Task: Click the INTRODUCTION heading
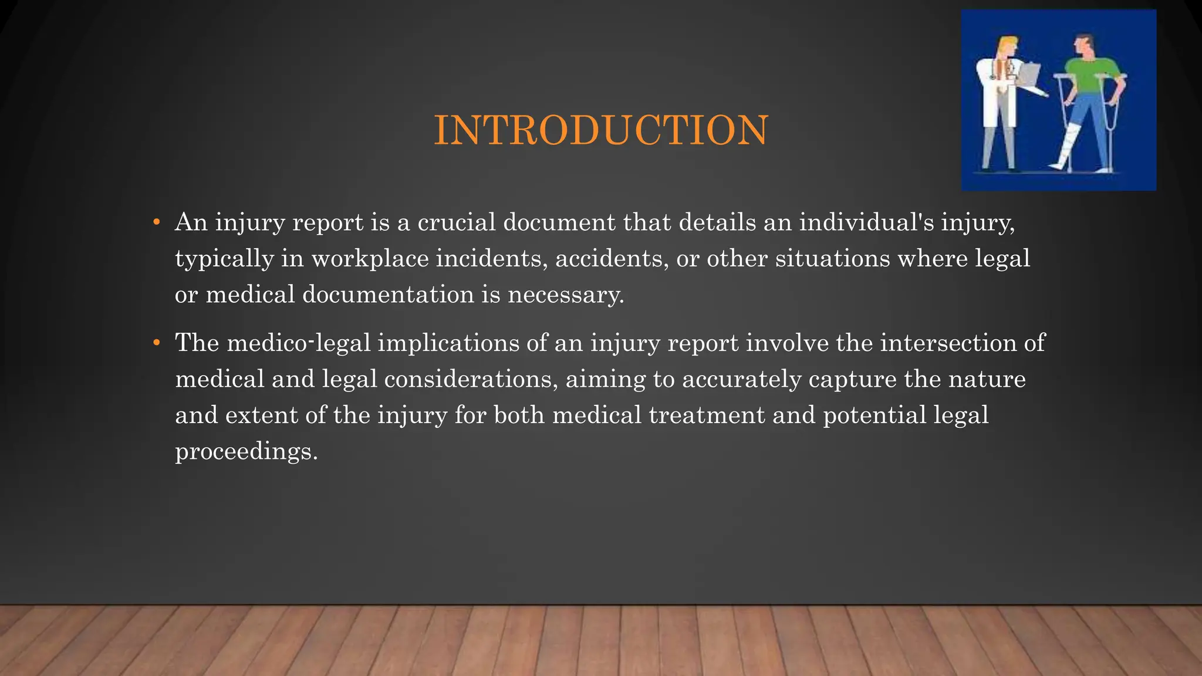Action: pyautogui.click(x=600, y=130)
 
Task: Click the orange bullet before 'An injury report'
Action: pyautogui.click(x=156, y=222)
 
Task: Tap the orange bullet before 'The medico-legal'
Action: pyautogui.click(x=156, y=343)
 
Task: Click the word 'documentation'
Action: pyautogui.click(x=388, y=295)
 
